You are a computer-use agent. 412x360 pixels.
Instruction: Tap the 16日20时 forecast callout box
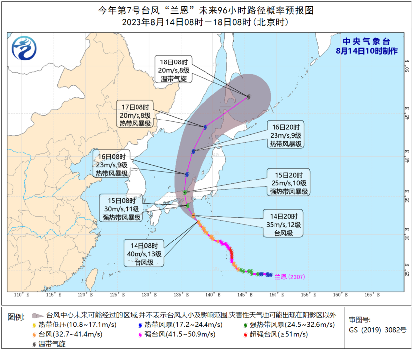286,135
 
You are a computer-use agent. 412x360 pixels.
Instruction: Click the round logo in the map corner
23,48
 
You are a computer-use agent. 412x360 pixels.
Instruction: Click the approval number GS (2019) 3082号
370,329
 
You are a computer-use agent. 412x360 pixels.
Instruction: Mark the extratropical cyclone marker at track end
248,97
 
